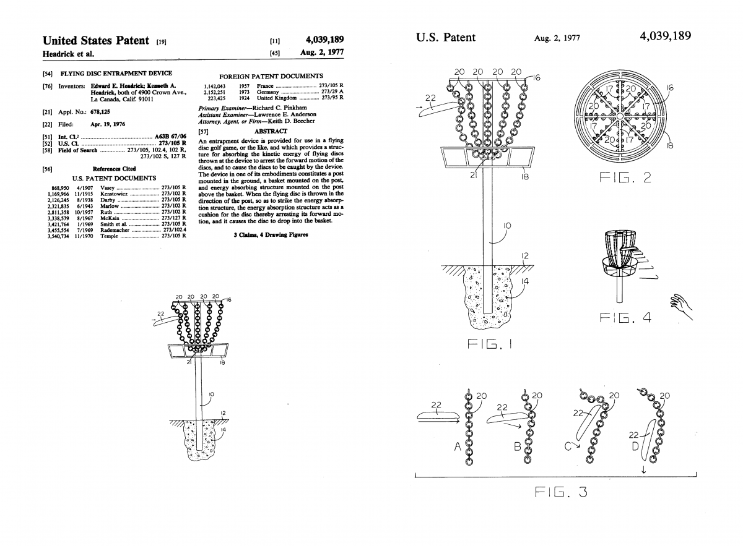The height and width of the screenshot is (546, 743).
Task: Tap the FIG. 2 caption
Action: (x=625, y=179)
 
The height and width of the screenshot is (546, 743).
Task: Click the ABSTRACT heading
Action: (x=271, y=131)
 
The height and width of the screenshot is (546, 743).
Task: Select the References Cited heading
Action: (x=114, y=168)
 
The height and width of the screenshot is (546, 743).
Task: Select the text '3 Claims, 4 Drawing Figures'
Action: (x=271, y=235)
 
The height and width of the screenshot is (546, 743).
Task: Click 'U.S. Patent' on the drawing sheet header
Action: (x=446, y=37)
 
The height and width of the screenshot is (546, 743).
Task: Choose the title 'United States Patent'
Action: (x=96, y=41)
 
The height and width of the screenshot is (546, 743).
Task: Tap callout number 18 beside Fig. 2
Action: (x=669, y=146)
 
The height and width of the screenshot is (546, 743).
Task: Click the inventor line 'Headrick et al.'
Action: (x=68, y=53)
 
